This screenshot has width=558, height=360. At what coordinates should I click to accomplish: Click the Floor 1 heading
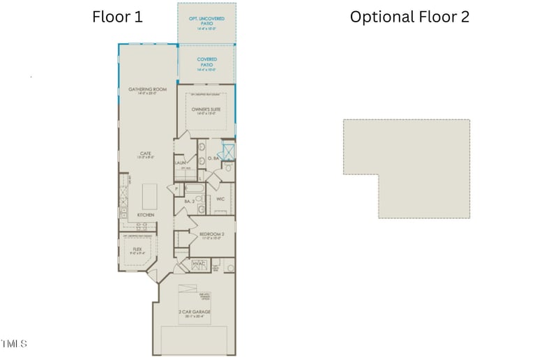(117, 17)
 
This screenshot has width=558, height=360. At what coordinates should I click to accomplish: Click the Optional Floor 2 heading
(409, 17)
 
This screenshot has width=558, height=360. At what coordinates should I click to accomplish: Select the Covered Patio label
(206, 61)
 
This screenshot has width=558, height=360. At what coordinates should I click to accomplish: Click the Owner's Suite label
(206, 110)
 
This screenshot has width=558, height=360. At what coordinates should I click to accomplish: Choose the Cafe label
(145, 154)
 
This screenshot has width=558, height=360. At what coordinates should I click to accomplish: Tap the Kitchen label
(145, 214)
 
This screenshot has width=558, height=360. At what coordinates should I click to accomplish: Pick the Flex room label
(137, 249)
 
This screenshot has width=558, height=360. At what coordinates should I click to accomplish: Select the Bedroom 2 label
(211, 234)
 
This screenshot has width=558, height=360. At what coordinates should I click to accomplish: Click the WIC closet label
(220, 199)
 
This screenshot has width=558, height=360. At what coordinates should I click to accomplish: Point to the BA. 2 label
(189, 202)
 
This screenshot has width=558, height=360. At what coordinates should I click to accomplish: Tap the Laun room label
(180, 162)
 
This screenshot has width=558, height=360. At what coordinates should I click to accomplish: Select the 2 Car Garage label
(195, 312)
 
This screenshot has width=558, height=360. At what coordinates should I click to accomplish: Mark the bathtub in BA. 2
(193, 188)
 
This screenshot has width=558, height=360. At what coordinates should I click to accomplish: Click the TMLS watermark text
(14, 343)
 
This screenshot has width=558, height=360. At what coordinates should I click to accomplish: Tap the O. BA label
(214, 159)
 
